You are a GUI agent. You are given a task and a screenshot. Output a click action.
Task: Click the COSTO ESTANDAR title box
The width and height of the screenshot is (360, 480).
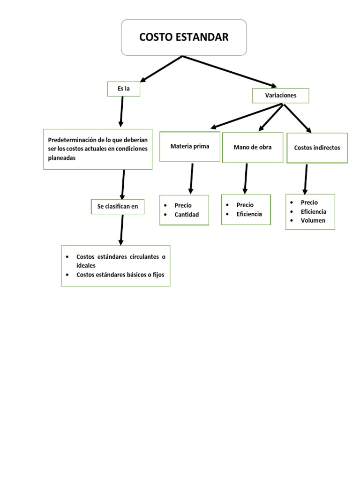click(x=184, y=37)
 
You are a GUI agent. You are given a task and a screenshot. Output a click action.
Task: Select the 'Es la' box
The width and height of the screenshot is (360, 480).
click(x=124, y=89)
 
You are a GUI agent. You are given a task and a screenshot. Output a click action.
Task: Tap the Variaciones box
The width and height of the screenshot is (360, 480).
click(x=281, y=95)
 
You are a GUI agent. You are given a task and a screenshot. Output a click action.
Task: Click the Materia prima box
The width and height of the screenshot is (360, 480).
click(x=190, y=146)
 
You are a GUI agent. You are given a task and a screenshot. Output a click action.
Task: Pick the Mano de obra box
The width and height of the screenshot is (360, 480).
click(x=253, y=147)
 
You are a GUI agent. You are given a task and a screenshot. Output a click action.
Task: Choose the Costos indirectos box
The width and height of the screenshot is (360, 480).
click(x=317, y=148)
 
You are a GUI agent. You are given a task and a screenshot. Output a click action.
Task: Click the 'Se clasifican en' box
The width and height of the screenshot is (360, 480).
click(x=118, y=206)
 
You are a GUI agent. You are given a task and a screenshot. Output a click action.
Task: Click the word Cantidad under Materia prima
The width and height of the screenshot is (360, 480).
click(x=187, y=215)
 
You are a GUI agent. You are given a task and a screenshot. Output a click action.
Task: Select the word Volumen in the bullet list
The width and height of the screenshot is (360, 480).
click(x=313, y=220)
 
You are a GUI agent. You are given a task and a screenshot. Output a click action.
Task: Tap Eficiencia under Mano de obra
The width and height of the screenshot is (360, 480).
click(x=249, y=214)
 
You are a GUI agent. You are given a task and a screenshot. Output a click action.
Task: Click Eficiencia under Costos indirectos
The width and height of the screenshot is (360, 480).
click(x=314, y=211)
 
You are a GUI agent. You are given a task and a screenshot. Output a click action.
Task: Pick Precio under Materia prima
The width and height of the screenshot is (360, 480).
click(x=183, y=205)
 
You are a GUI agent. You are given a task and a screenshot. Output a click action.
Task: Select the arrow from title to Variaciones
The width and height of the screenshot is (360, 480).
click(x=230, y=71)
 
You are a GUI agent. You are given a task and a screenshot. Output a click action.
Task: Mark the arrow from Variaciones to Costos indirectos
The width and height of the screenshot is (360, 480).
click(x=297, y=118)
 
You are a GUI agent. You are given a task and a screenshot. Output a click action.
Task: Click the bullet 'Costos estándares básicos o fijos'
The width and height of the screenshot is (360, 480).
click(x=120, y=275)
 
